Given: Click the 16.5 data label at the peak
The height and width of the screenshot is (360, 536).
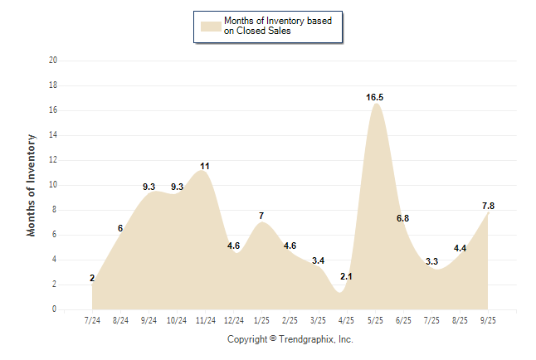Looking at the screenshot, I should click(x=374, y=98).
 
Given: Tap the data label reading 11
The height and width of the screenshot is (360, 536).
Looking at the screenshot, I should click(x=204, y=166).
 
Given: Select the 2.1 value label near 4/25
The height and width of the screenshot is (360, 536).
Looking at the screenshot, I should click(x=346, y=276).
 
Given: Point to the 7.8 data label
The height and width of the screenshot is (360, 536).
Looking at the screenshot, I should click(x=488, y=206).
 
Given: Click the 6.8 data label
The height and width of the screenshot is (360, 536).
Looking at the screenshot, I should click(x=402, y=218).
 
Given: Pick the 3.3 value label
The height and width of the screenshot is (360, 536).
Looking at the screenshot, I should click(x=431, y=261).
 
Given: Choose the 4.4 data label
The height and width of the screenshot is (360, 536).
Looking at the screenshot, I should click(x=460, y=248).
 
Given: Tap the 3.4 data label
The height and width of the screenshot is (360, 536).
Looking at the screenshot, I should click(x=318, y=260).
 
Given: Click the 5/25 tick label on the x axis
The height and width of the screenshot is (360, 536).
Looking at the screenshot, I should click(x=375, y=319).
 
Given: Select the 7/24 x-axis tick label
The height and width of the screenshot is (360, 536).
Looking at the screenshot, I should click(x=92, y=319).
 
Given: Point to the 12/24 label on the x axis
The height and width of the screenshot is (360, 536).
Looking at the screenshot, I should click(x=234, y=319).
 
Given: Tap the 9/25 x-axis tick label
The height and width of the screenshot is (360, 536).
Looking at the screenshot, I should click(x=488, y=319).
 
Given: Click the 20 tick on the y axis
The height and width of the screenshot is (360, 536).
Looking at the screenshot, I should click(x=53, y=61).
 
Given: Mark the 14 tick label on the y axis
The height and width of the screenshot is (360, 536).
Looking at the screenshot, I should click(x=53, y=135).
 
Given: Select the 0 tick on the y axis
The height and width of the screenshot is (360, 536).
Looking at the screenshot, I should click(x=55, y=309).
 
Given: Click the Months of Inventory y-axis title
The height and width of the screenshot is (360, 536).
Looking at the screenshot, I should click(x=32, y=185).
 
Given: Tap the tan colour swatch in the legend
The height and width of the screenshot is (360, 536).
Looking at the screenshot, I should click(x=211, y=26).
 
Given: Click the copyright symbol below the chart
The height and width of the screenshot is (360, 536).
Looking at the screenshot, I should click(x=273, y=339).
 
